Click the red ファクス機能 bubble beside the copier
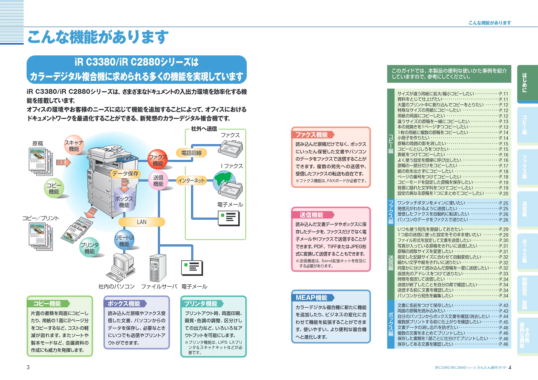coord(158,160)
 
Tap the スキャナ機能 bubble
coord(74,145)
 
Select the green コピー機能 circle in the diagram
coord(54,188)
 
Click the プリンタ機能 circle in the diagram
coord(90,247)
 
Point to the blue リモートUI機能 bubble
coord(124,240)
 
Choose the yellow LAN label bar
coord(142,222)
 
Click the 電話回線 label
coord(192,153)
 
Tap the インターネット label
coord(192,180)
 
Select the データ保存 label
coord(125,174)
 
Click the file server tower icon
coord(158,267)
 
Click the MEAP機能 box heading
coord(312,297)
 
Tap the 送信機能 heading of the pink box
coord(312,215)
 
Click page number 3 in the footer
coord(28,367)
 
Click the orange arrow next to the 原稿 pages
coord(63,162)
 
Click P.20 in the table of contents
coord(504,193)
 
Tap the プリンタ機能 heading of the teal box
coord(201,304)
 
